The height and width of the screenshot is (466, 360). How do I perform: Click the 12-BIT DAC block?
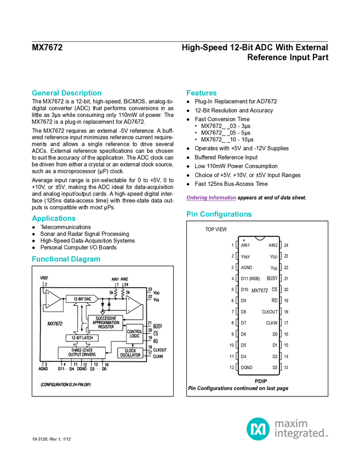pyautogui.click(x=82, y=299)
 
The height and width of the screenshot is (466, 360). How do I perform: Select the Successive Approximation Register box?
pyautogui.click(x=105, y=322)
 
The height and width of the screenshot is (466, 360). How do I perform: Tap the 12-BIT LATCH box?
pyautogui.click(x=82, y=338)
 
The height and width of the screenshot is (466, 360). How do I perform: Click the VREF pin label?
pyautogui.click(x=44, y=279)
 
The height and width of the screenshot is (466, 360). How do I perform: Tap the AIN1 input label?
pyautogui.click(x=115, y=279)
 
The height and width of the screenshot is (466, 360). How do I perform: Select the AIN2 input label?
pyautogui.click(x=124, y=279)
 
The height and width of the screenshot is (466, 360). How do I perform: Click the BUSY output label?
pyautogui.click(x=158, y=326)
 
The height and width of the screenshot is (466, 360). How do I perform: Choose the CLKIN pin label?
pyautogui.click(x=158, y=356)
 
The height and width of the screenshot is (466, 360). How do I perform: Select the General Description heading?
pyautogui.click(x=66, y=93)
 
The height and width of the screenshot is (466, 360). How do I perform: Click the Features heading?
pyautogui.click(x=202, y=93)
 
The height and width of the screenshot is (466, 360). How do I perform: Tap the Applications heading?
pyautogui.click(x=53, y=219)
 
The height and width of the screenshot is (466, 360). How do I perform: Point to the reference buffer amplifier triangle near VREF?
pyautogui.click(x=53, y=299)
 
